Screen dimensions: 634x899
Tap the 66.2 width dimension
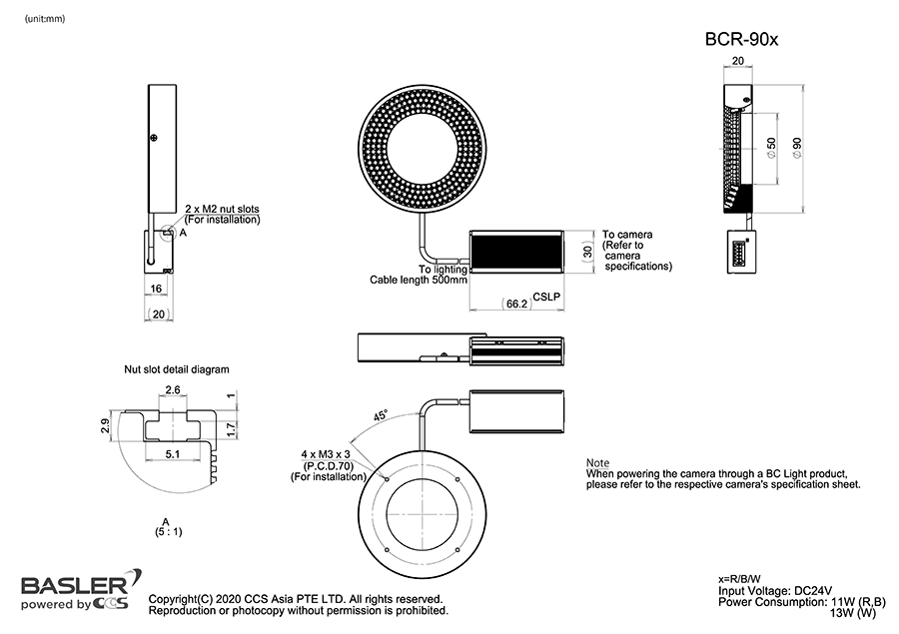coord(517,303)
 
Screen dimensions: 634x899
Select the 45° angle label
coord(380,414)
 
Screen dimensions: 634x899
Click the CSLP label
coord(546,297)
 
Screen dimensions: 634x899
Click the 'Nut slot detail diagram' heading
coord(177,368)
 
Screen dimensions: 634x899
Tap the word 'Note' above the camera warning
coord(597,463)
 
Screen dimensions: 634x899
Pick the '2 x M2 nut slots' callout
coord(222,209)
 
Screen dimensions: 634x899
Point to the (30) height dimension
coord(587,252)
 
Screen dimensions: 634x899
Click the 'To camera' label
coord(627,235)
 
